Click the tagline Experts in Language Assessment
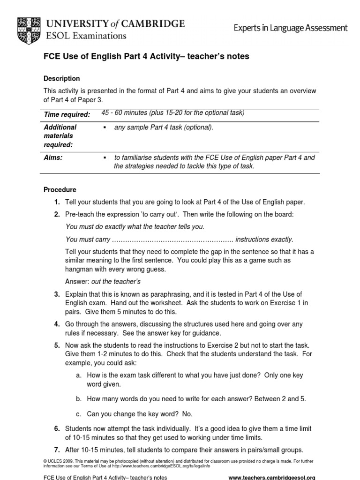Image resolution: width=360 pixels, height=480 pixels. (x=291, y=28)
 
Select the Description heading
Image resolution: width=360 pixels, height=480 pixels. (x=61, y=78)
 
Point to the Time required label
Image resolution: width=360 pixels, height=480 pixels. (x=67, y=114)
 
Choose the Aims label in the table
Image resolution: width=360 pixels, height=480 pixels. (x=53, y=158)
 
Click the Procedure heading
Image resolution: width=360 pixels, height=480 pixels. (x=60, y=190)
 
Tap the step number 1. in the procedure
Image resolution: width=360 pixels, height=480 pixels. (x=57, y=202)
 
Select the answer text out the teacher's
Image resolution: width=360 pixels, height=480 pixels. (x=116, y=282)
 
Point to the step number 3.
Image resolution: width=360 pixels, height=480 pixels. (x=57, y=294)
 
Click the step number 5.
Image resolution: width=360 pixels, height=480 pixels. (x=57, y=345)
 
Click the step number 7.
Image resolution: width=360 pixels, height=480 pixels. (x=57, y=450)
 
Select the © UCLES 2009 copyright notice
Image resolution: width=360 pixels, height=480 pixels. (x=56, y=461)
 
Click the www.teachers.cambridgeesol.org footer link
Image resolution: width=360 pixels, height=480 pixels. (x=272, y=477)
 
